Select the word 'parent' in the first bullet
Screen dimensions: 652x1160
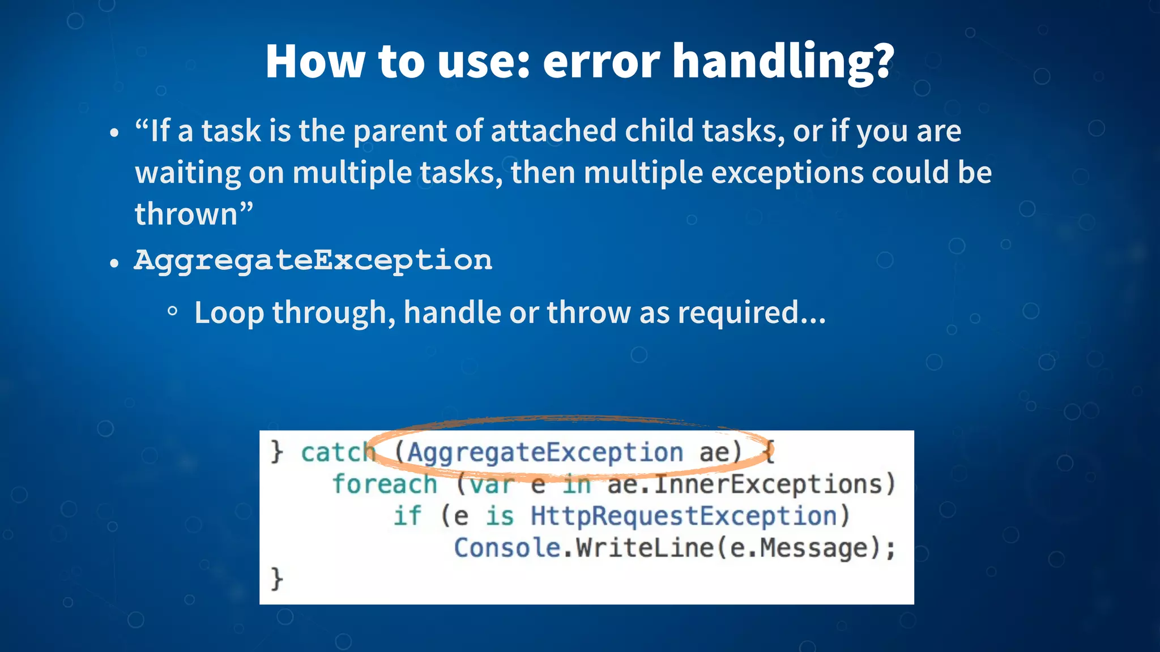pos(400,131)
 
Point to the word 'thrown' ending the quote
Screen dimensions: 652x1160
pos(186,215)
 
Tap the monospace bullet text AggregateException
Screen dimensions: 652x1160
pos(313,261)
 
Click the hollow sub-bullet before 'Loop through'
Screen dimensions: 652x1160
pos(173,311)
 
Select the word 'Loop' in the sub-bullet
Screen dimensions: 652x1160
pos(229,312)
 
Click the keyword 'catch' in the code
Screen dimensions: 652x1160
pos(338,452)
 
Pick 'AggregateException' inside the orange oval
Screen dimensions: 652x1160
pos(545,452)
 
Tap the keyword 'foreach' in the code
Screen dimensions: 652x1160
pos(385,484)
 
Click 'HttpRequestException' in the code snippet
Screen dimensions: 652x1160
pos(684,516)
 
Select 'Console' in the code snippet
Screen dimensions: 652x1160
pos(507,548)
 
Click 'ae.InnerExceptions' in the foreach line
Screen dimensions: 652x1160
pos(744,484)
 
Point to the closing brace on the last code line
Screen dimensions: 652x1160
pos(276,579)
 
